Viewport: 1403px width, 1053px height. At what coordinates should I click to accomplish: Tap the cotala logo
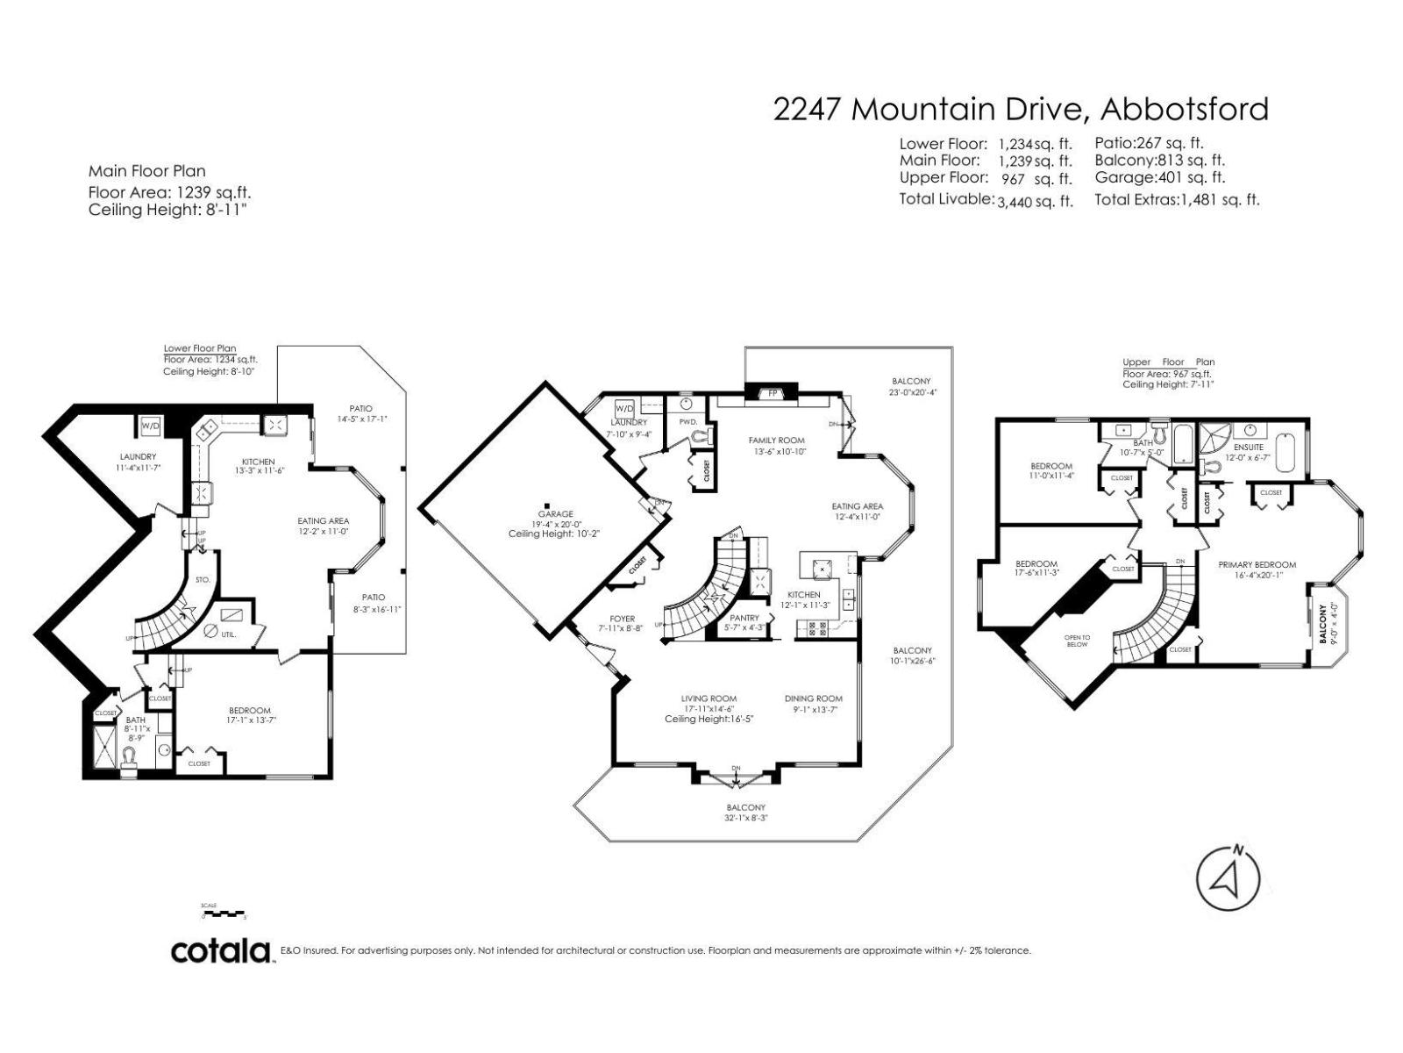pyautogui.click(x=221, y=950)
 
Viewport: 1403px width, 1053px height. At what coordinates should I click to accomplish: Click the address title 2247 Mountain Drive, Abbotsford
pyautogui.click(x=1021, y=109)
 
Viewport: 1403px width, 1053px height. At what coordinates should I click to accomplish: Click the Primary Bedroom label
pyautogui.click(x=1257, y=565)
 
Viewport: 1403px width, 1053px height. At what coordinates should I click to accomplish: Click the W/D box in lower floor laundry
pyautogui.click(x=150, y=426)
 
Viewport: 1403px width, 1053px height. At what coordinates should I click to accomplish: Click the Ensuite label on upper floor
pyautogui.click(x=1248, y=448)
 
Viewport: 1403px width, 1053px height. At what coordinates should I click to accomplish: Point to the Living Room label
pyautogui.click(x=709, y=698)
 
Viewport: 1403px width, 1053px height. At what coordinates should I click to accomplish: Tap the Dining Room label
pyautogui.click(x=813, y=698)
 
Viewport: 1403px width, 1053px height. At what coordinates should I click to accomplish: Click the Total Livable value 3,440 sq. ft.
pyautogui.click(x=1035, y=201)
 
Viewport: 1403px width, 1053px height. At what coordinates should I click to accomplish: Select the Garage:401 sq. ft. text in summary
pyautogui.click(x=1159, y=177)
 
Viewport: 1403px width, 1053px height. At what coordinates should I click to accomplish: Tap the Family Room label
pyautogui.click(x=776, y=441)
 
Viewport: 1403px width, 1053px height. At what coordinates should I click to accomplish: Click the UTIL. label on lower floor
pyautogui.click(x=228, y=633)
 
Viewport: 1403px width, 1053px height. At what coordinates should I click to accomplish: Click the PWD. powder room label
pyautogui.click(x=687, y=422)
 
